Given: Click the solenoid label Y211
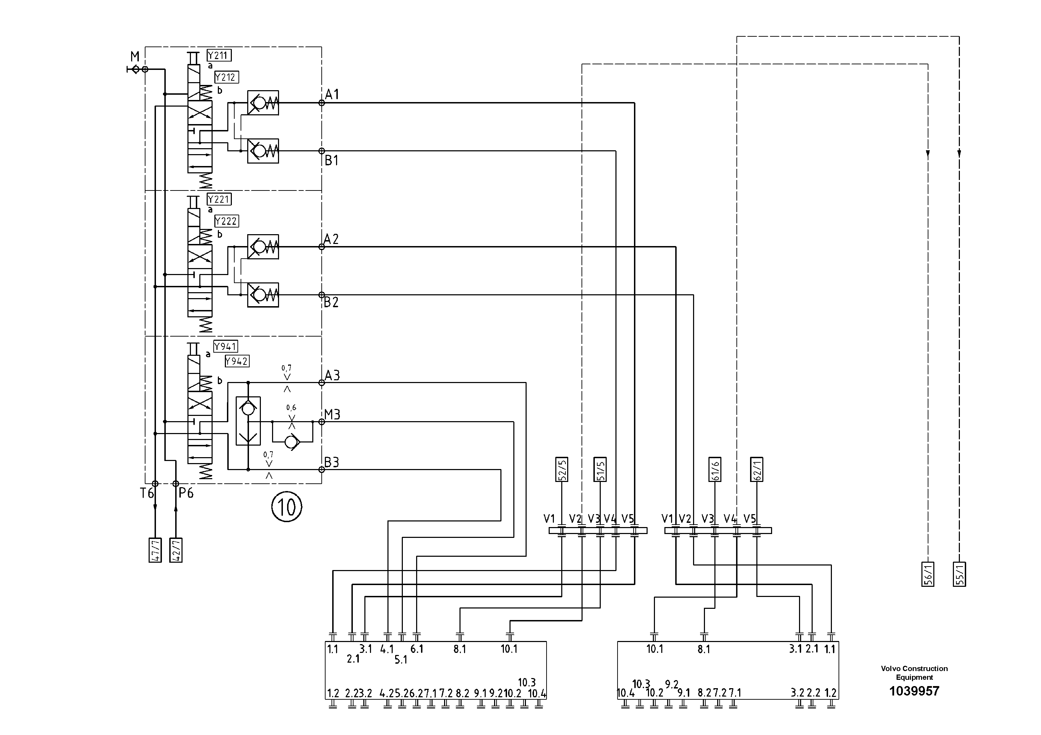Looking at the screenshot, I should point(219,55).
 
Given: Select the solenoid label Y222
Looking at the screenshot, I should point(226,221).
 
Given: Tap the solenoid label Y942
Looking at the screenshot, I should point(237,361).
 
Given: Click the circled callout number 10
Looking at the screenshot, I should point(286,507).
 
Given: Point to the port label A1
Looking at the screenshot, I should point(332,94).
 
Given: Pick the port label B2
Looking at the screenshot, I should point(331,302).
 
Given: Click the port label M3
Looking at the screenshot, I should point(332,415).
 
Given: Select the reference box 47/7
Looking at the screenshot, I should point(155,550).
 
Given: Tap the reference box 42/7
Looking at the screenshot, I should point(176,550).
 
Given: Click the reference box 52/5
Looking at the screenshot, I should point(562,469).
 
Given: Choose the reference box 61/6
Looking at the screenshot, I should point(715,469).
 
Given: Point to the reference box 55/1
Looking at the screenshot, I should point(960,574).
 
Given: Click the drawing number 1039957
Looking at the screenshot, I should point(914,691).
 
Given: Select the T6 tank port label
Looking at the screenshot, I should point(147,493).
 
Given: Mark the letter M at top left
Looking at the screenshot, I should point(135,57).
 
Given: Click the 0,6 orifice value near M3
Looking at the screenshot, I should point(291,408).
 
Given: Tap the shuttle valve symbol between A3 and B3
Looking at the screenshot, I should point(248,421).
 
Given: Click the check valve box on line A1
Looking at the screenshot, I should point(263,103).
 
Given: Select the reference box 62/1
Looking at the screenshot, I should point(756,469).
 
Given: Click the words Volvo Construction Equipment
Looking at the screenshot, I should point(914,673).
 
